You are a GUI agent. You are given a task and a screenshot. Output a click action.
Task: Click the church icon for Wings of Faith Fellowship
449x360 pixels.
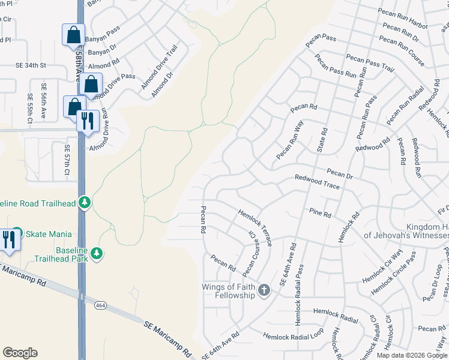pyautogui.click(x=264, y=292)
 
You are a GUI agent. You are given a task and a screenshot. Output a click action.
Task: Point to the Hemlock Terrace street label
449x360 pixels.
pyautogui.click(x=255, y=227)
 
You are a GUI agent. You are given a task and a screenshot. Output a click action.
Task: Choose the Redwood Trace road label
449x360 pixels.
pyautogui.click(x=316, y=182)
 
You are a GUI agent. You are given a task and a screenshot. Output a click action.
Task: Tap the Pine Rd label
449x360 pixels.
pyautogui.click(x=320, y=213)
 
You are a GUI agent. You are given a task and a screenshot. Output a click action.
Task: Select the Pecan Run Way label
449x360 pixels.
pyautogui.click(x=290, y=140)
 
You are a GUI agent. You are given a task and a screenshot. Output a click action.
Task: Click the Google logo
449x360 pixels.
pyautogui.click(x=20, y=353)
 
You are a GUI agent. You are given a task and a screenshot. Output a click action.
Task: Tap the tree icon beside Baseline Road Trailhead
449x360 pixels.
pyautogui.click(x=86, y=203)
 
